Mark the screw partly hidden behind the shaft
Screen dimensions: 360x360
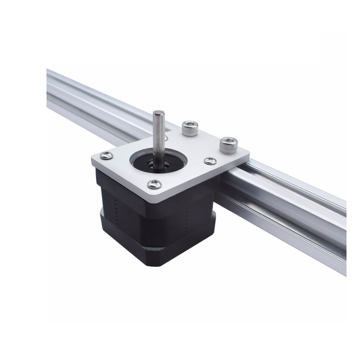click(166, 138)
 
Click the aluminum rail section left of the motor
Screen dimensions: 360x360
click(90, 96)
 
